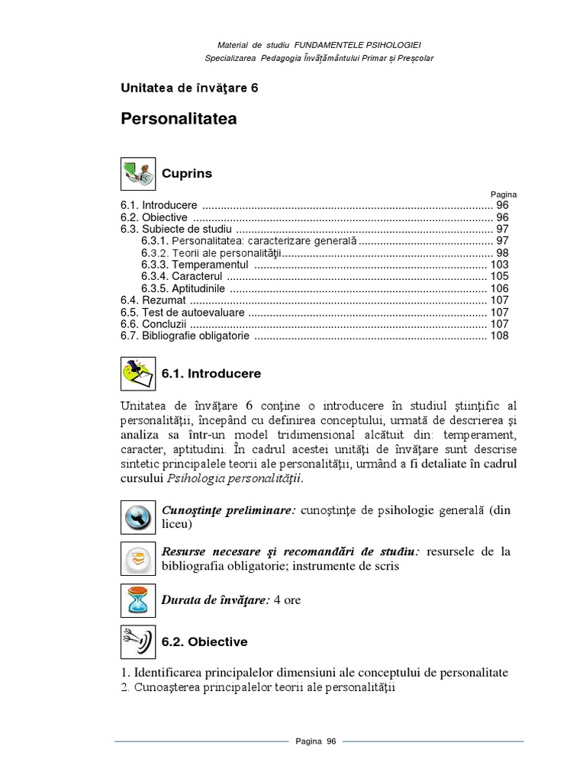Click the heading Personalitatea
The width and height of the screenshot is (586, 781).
pos(179,120)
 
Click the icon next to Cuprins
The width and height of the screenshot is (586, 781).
pos(138,174)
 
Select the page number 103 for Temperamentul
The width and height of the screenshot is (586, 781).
pos(499,265)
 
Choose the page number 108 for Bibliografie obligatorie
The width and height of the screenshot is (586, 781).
pos(499,336)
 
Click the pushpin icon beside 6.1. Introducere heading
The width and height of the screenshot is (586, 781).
pos(138,374)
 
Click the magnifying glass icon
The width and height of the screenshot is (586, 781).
pos(138,518)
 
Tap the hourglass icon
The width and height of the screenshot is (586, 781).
pos(138,599)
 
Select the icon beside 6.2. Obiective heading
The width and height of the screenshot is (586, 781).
pos(138,641)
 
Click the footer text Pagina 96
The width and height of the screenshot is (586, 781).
pos(316,741)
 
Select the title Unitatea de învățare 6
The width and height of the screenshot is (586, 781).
pos(189,88)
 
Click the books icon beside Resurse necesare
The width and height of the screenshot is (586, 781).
pos(138,559)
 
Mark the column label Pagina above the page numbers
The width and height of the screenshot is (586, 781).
pos(504,194)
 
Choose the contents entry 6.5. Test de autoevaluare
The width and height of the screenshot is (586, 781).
pos(182,312)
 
